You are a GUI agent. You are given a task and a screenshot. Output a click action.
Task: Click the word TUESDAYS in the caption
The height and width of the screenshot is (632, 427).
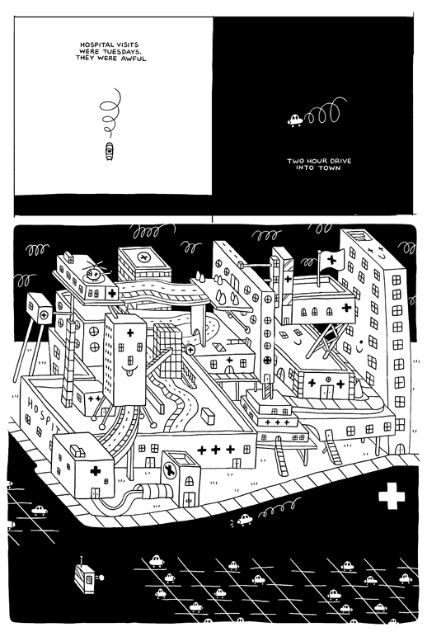click(x=122, y=51)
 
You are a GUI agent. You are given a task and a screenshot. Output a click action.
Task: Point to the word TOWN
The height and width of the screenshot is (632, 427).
click(x=330, y=167)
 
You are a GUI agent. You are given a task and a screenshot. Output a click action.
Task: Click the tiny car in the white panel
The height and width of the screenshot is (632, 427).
click(x=109, y=150)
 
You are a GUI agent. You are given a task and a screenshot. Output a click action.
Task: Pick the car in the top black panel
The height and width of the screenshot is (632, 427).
click(x=295, y=120)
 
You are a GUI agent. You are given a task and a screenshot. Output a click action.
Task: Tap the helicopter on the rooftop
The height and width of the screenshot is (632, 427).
click(x=95, y=271)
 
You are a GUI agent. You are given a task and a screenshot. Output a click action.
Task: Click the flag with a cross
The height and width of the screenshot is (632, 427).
click(x=332, y=258)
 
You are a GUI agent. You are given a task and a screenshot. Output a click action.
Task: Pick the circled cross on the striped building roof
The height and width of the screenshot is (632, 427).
click(x=143, y=257)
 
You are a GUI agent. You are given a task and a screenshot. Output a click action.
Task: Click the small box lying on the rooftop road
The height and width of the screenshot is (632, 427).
click(x=209, y=416)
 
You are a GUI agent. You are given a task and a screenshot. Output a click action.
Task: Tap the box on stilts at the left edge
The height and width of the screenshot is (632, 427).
click(x=39, y=309)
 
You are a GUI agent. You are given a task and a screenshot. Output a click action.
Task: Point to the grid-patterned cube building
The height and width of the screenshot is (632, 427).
click(x=167, y=351)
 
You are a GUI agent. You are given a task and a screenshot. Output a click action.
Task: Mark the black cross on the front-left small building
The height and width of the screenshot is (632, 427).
click(x=96, y=471)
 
